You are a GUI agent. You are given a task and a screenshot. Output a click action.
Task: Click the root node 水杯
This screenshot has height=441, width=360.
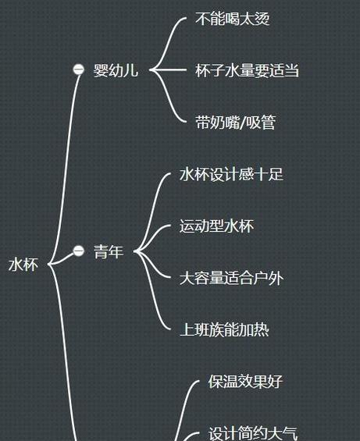[x=23, y=265]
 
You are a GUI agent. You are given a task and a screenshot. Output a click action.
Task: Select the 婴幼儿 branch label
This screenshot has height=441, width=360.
[x=116, y=70]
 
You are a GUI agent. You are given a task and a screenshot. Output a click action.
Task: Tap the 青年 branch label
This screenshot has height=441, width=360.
[x=109, y=251]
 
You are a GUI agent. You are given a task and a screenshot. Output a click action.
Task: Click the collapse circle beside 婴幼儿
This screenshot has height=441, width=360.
[x=79, y=69]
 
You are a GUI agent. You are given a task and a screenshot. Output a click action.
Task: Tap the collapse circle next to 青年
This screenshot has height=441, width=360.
[x=79, y=251]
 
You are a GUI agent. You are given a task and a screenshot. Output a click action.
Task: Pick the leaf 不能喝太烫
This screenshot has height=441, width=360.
[x=233, y=19]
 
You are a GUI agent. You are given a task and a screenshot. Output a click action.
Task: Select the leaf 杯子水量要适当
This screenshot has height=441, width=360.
[x=247, y=70]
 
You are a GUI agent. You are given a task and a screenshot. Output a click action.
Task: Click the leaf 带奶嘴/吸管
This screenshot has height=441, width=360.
[x=235, y=123]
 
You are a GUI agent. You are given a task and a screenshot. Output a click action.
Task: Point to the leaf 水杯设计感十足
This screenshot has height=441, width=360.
[x=231, y=174]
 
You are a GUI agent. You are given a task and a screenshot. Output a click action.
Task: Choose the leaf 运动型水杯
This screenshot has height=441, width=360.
[x=216, y=226]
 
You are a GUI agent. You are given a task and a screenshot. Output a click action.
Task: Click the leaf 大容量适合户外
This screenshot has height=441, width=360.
[x=231, y=278]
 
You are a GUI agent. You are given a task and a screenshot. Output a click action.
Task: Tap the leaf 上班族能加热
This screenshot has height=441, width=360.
[x=224, y=330]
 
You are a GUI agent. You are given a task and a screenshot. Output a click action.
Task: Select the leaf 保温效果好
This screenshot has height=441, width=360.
[x=245, y=382]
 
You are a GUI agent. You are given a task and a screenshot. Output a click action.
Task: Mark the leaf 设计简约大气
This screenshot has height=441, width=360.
[x=253, y=433]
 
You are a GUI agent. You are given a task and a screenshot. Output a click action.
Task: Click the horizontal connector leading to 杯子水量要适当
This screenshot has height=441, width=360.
[x=169, y=69]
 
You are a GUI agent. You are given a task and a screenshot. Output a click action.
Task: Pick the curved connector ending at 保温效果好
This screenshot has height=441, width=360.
[x=184, y=405]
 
